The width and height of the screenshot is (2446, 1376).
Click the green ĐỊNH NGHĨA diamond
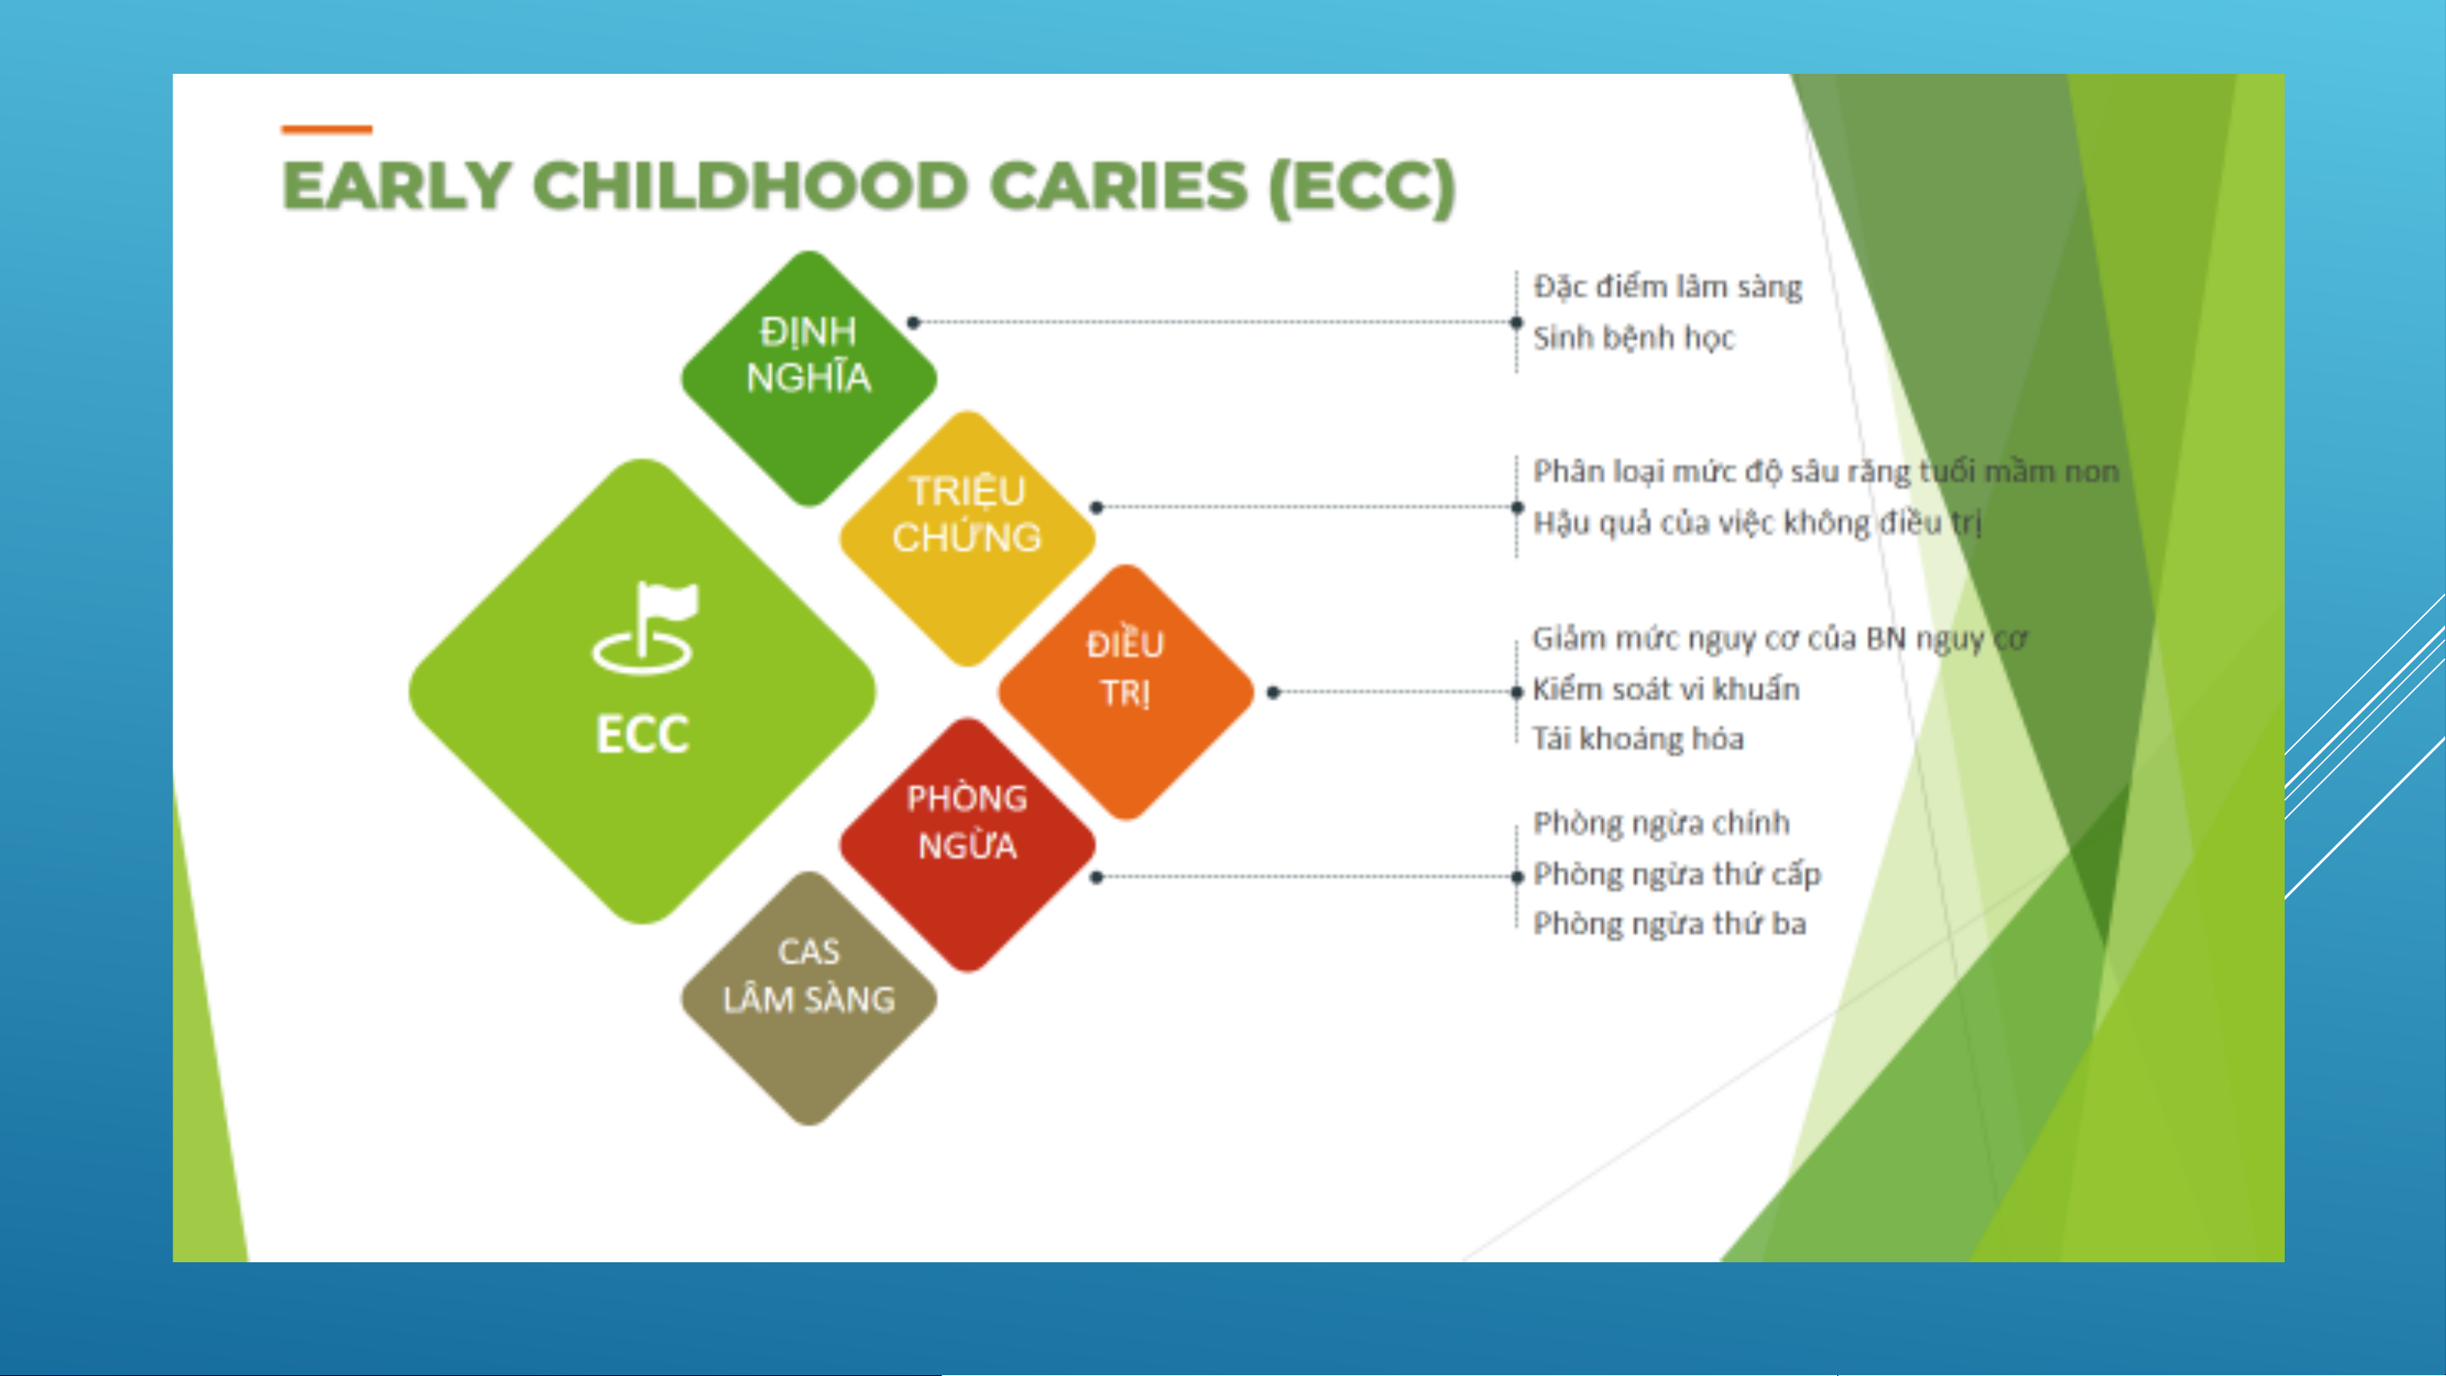coord(809,378)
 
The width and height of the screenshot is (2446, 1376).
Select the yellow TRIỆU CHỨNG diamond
coord(968,538)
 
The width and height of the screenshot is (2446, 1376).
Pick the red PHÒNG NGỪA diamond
coord(968,845)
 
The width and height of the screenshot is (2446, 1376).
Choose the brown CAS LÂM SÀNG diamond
coord(809,999)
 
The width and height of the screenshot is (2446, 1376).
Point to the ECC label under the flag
coord(642,734)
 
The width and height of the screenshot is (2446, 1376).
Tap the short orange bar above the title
coord(327,129)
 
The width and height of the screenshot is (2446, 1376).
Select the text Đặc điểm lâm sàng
coord(1667,287)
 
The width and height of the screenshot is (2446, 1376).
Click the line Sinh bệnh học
coord(1633,338)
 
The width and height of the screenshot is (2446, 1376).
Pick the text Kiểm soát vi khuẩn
coord(1667,688)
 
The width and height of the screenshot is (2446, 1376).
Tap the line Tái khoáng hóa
coord(1638,739)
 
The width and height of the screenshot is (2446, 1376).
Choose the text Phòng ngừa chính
coord(1662,823)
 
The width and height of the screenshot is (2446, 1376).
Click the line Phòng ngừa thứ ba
coord(1669,924)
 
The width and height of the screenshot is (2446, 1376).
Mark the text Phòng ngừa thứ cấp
coord(1677,873)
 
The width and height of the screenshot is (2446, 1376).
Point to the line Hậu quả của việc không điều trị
coord(1757,523)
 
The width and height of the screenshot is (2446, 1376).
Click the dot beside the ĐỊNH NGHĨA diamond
coord(914,323)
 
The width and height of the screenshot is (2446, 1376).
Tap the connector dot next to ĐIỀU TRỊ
coord(1274,693)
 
